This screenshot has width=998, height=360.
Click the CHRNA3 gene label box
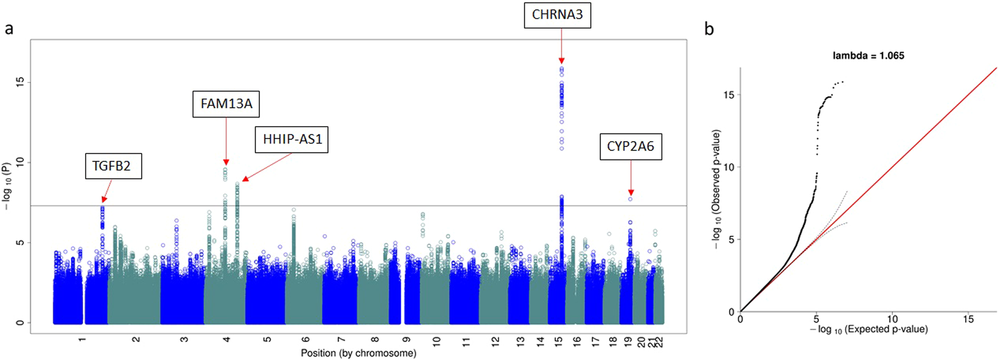tap(557, 15)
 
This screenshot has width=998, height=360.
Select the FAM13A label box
tap(226, 104)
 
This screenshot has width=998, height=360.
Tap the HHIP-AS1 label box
tap(292, 139)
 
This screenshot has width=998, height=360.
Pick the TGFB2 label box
tap(114, 166)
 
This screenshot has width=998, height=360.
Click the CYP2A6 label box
tap(630, 146)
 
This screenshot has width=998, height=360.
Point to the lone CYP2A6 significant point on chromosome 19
tap(630, 199)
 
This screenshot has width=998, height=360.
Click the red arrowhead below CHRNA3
tap(561, 60)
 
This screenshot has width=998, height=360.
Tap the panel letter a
tap(9, 29)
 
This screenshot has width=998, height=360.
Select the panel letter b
tap(709, 29)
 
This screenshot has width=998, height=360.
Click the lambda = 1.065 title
tap(868, 55)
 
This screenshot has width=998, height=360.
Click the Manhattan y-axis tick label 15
tap(20, 82)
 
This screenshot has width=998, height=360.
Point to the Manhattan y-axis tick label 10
tap(20, 162)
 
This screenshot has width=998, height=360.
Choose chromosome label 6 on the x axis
tap(306, 340)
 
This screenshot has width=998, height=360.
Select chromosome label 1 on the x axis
tap(82, 340)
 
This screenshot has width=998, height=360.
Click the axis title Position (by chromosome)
tap(358, 353)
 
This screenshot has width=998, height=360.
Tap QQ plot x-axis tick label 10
tap(892, 319)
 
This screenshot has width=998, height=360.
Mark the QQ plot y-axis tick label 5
tap(731, 239)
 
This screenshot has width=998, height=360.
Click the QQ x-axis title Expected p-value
tap(869, 329)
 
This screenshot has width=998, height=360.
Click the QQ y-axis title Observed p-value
tap(716, 189)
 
